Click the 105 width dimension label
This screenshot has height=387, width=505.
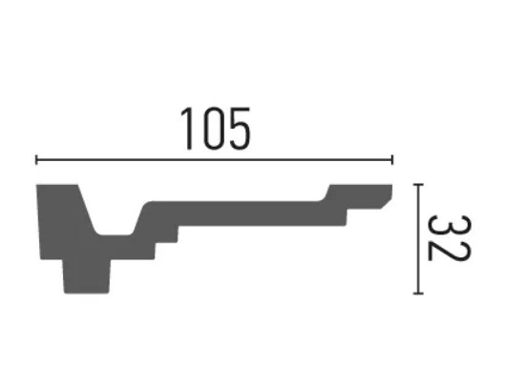tap(216, 129)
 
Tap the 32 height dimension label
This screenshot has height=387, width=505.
tap(449, 238)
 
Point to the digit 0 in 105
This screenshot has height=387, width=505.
tap(215, 129)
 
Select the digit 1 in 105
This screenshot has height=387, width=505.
tap(187, 129)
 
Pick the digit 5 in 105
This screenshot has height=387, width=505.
tap(240, 129)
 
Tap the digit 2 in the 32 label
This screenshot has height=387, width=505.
tap(449, 251)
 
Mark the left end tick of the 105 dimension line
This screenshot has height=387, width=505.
tap(36, 159)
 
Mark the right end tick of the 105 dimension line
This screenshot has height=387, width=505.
tap(392, 159)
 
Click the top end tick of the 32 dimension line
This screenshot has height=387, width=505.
tap(418, 185)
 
